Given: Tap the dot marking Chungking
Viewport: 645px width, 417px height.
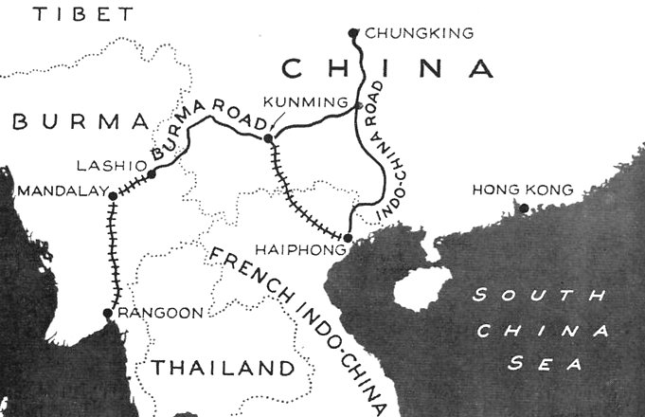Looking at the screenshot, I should point(354,31).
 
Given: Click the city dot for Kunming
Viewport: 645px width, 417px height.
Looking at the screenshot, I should point(268,139).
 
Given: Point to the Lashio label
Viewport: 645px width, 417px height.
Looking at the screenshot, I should point(100,162).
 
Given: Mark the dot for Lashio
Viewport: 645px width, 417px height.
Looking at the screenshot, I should point(150,173).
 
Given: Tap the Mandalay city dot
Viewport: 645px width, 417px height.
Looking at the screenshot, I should point(113,196).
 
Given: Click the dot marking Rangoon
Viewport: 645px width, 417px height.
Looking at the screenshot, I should point(107,313).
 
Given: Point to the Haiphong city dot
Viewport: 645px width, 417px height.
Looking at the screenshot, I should point(348,237).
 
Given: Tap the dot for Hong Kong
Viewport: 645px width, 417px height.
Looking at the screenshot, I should point(522,207).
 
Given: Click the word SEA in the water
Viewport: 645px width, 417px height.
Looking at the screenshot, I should point(542,362).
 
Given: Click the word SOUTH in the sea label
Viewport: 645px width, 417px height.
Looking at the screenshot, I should point(538,296).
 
